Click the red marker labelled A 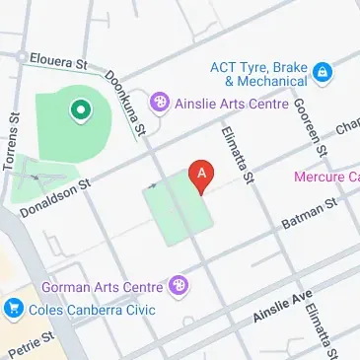click(202, 175)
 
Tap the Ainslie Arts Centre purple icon click(158, 102)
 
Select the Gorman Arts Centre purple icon click(179, 287)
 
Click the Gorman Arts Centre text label click(102, 288)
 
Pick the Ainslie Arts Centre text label click(232, 103)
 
